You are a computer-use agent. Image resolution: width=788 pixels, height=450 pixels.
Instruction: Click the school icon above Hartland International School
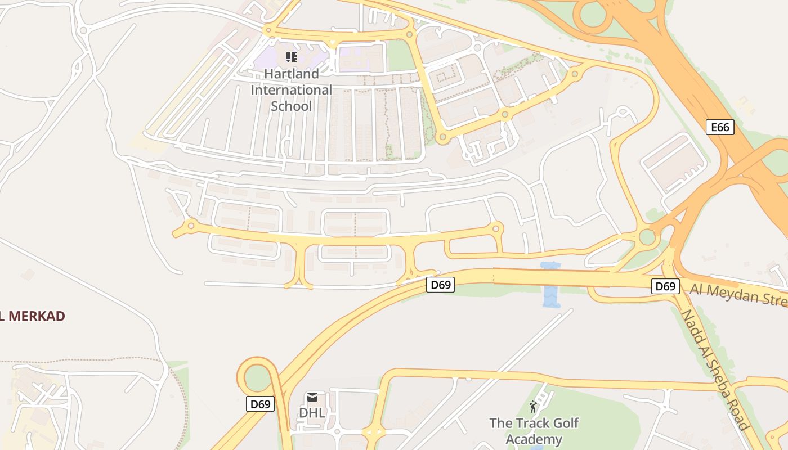pos(291,57)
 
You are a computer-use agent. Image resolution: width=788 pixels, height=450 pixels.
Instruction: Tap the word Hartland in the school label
pos(291,74)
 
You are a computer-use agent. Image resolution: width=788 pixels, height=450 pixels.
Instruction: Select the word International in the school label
pos(291,90)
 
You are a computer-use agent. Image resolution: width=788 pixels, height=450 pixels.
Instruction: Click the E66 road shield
pos(720,127)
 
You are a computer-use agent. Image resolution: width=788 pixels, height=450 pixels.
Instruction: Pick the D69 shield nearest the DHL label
pos(260,404)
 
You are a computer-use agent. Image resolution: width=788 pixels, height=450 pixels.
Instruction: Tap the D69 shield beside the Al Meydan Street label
pos(665,286)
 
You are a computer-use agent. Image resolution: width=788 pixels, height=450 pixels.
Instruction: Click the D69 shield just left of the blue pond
pos(440,285)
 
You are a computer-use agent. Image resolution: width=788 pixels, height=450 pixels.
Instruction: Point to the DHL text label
pos(312,413)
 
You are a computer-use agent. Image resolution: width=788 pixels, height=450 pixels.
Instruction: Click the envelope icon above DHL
pos(312,398)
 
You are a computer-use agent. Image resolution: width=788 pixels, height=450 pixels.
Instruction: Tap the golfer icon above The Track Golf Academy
pos(533,407)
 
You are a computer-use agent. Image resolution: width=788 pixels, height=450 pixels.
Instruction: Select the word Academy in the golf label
pos(534,439)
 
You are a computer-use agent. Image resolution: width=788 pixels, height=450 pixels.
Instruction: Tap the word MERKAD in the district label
pos(37,316)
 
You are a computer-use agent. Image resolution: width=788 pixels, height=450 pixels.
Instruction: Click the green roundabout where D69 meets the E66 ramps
pos(647,236)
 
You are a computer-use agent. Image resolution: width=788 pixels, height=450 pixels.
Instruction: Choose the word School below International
pos(291,106)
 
